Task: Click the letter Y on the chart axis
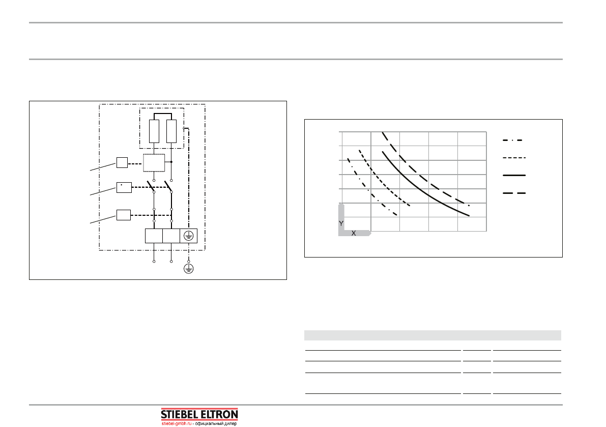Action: [341, 224]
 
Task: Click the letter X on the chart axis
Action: [353, 234]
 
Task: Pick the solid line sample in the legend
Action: [514, 176]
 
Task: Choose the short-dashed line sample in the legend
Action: [514, 158]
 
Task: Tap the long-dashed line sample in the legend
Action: [514, 193]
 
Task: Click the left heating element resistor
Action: [154, 131]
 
